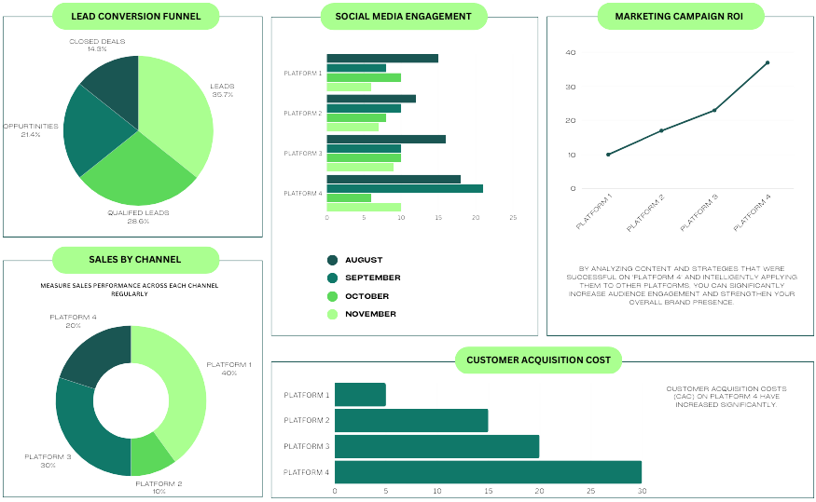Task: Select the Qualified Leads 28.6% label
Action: pos(138,215)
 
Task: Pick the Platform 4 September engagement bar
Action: pos(405,188)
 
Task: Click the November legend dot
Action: pos(332,315)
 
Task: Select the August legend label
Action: pos(364,260)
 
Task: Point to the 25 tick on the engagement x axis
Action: pos(513,218)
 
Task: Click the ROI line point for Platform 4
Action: pos(768,62)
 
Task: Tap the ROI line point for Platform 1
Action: pos(608,155)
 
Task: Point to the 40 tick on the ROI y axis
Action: pos(571,52)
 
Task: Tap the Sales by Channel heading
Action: pos(135,259)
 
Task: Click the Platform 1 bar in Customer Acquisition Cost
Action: pos(360,395)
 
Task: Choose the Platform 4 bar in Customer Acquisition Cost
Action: pos(488,472)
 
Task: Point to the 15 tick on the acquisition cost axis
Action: pos(488,490)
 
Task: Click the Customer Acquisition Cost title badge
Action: pos(538,360)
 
